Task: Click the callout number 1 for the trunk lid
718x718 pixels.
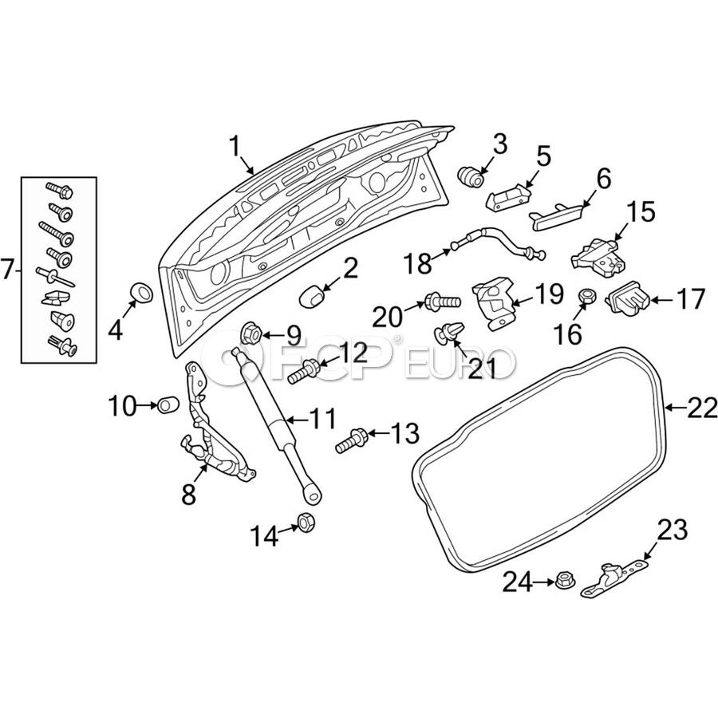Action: click(235, 146)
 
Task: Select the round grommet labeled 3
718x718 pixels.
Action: click(471, 174)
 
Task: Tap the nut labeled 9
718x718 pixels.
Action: click(249, 333)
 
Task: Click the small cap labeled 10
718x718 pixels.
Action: click(167, 405)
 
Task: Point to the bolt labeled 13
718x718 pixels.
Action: click(353, 439)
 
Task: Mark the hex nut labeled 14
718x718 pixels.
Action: click(306, 523)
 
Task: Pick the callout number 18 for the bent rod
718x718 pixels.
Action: click(417, 261)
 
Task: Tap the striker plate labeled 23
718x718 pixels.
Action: click(612, 578)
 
